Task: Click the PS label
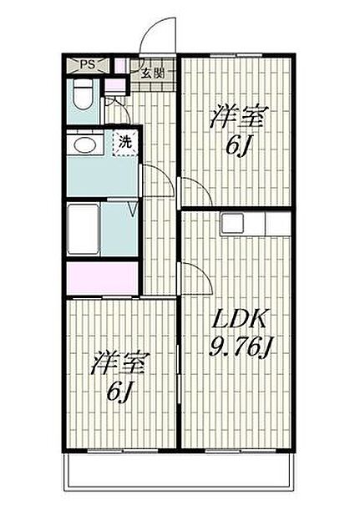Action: [86, 65]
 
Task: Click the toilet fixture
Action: [82, 99]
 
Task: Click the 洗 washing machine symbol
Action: [124, 143]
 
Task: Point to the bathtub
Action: [84, 228]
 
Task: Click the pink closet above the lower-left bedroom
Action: [102, 278]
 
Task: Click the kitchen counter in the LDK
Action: [256, 224]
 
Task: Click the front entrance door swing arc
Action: [159, 35]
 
